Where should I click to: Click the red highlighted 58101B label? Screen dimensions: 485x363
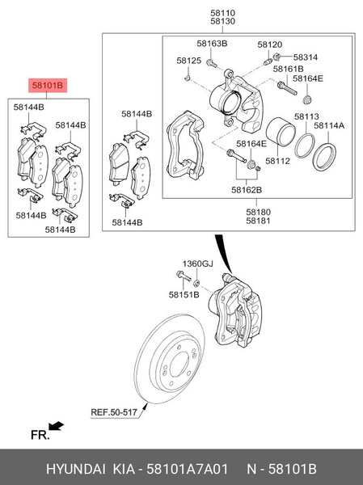pyautogui.click(x=47, y=85)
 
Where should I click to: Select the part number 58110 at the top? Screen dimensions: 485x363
pyautogui.click(x=224, y=14)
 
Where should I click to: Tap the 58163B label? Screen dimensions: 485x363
pyautogui.click(x=212, y=43)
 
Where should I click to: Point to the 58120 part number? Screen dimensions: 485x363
pyautogui.click(x=270, y=43)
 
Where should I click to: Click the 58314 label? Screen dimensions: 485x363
pyautogui.click(x=306, y=57)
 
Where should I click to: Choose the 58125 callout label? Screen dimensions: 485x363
pyautogui.click(x=189, y=61)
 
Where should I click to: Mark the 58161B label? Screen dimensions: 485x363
pyautogui.click(x=289, y=69)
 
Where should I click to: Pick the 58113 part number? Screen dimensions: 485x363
pyautogui.click(x=306, y=116)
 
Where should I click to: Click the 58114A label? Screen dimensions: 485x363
pyautogui.click(x=329, y=125)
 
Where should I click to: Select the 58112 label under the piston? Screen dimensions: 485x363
pyautogui.click(x=277, y=161)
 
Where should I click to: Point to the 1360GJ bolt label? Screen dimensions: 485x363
pyautogui.click(x=196, y=264)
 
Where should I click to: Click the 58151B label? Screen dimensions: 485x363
pyautogui.click(x=184, y=295)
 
